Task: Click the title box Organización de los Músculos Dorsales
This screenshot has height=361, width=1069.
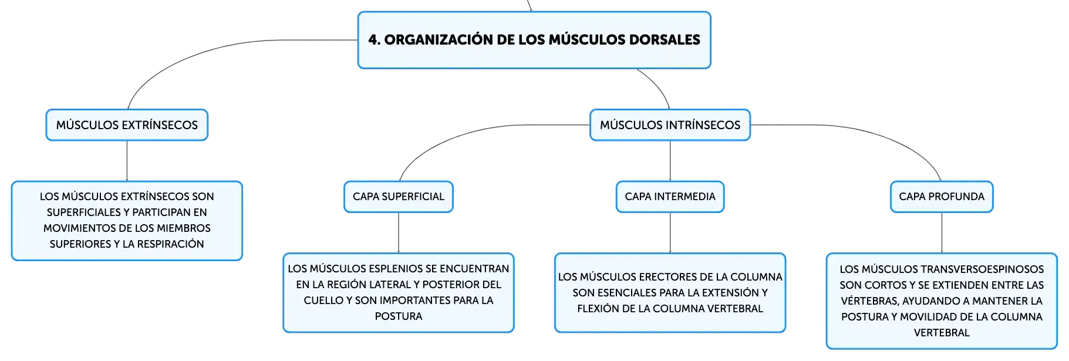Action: (534, 40)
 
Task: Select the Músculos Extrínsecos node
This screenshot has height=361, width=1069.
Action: (127, 125)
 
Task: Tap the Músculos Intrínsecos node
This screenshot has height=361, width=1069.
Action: (670, 125)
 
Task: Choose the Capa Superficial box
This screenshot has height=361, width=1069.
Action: (399, 197)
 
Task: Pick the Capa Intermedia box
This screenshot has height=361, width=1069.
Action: (670, 197)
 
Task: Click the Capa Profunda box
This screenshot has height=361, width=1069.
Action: (942, 197)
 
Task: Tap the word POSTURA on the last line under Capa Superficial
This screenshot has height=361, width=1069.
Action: (399, 316)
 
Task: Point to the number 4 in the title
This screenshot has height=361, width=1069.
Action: (372, 40)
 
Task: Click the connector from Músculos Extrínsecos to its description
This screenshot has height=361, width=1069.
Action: (127, 161)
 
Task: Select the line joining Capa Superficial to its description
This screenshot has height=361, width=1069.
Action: (399, 233)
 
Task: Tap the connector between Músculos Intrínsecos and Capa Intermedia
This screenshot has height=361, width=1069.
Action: (670, 161)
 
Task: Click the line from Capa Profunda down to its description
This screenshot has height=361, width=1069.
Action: (942, 233)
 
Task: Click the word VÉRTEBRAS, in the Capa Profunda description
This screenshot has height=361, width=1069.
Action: (870, 301)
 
